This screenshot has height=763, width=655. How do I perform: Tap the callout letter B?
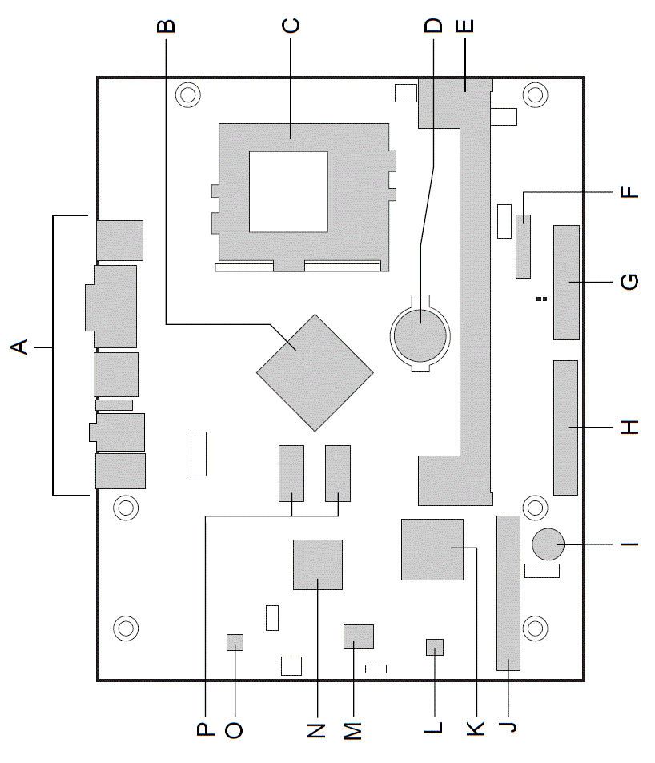[166, 26]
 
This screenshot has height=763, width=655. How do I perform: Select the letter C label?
[291, 26]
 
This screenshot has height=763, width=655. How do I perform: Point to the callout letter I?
[630, 545]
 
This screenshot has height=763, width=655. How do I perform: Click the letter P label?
[205, 729]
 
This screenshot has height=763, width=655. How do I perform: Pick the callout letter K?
[476, 728]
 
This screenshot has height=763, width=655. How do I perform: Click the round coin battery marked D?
[420, 333]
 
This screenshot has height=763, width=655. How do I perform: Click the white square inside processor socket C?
[288, 191]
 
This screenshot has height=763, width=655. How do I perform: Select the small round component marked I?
[549, 545]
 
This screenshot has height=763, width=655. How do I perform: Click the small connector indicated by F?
[524, 246]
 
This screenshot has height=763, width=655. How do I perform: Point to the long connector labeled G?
[566, 283]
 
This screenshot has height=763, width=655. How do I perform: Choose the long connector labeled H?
[565, 428]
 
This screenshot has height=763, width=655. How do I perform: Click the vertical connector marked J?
[508, 592]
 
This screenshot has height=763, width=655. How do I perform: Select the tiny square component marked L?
[434, 647]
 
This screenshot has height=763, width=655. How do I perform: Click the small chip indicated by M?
[359, 637]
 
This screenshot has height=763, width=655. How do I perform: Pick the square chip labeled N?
[318, 564]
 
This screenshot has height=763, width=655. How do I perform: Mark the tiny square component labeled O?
[235, 641]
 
